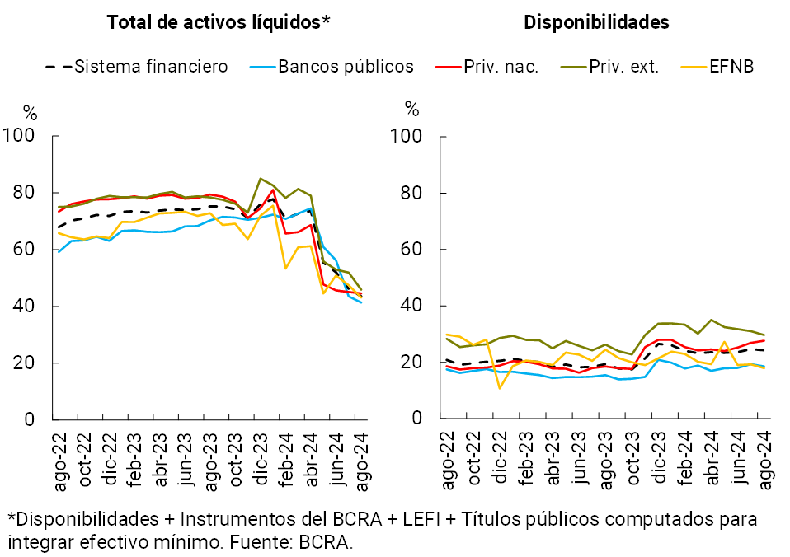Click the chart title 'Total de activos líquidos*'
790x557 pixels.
(218, 23)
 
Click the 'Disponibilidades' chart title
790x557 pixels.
(596, 23)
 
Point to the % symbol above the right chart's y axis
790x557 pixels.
(412, 110)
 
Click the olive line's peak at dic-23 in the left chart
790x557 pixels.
(261, 179)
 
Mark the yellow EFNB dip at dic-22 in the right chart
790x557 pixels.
(500, 387)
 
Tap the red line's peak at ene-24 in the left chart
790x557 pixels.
(273, 190)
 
